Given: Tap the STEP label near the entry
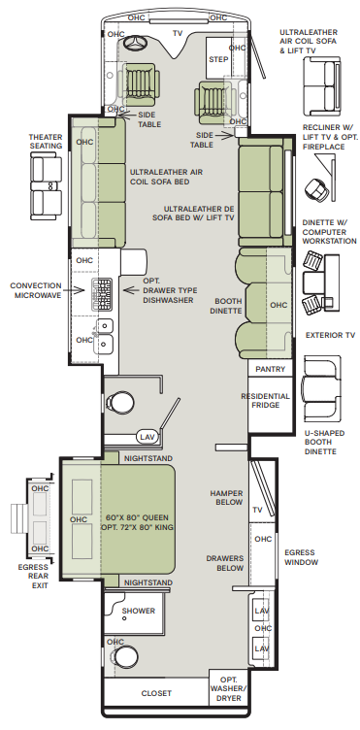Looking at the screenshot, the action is (218, 59).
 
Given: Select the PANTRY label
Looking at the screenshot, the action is (270, 369).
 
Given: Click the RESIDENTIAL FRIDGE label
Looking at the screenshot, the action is (265, 401).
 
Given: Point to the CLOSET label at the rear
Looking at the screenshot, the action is (156, 694).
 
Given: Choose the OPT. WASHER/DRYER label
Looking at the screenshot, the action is (228, 689).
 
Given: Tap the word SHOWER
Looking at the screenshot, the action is (139, 611).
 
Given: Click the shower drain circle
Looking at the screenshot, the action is (124, 618).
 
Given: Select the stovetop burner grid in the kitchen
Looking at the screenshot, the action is (101, 293).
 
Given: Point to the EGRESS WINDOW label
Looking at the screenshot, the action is (302, 557).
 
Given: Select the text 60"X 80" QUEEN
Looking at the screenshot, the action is (137, 517).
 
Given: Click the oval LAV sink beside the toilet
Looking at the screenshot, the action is (147, 437).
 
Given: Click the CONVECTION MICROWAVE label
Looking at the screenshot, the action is (36, 290).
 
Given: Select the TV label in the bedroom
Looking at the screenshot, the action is (258, 511).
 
